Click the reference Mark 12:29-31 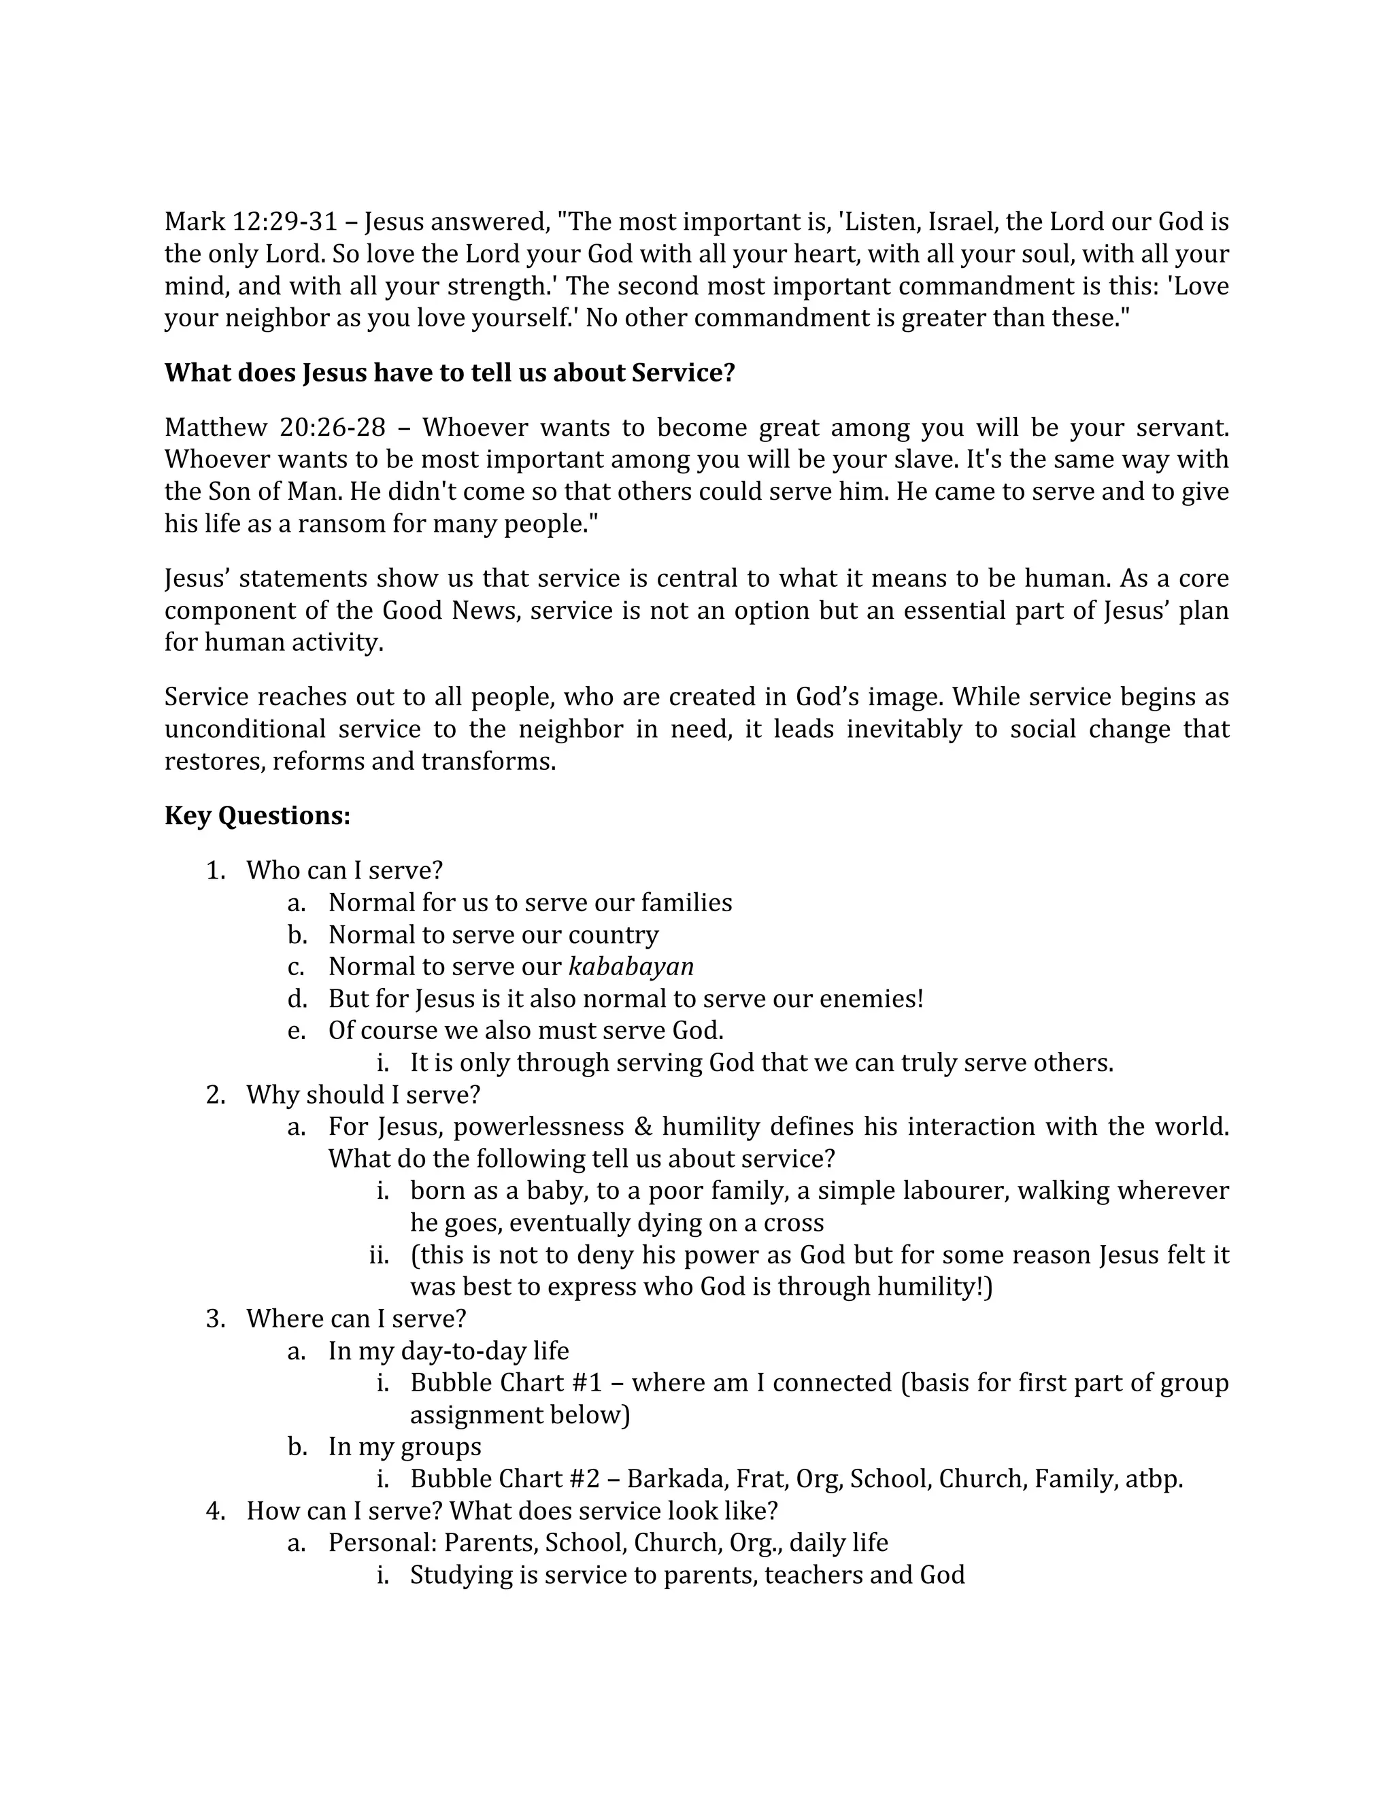(251, 222)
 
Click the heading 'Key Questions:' (258, 816)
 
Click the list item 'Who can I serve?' (344, 870)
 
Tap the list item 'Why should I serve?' (363, 1095)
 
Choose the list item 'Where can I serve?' (356, 1319)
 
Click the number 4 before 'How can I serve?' (214, 1511)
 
